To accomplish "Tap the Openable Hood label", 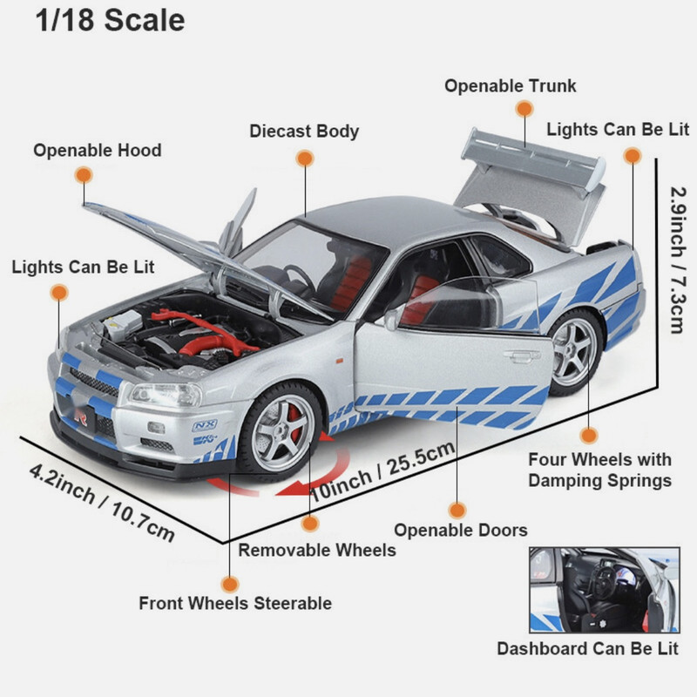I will click(x=98, y=151).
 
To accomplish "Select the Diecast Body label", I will click(x=304, y=132).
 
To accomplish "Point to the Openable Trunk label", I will click(x=511, y=86).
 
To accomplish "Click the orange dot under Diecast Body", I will click(x=304, y=159).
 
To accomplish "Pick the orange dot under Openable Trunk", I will click(x=524, y=109).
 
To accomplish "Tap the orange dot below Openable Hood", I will click(x=84, y=174).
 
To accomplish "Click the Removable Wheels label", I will click(x=317, y=550).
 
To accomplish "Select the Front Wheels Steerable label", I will click(x=235, y=603).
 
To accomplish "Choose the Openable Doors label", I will click(x=461, y=530).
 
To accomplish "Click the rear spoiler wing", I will click(x=531, y=157).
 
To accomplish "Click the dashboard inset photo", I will click(x=604, y=590).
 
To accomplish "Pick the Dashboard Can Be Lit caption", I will click(x=587, y=649).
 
